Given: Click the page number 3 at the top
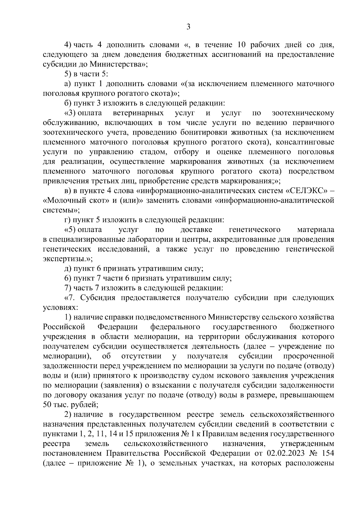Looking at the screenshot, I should [x=188, y=27].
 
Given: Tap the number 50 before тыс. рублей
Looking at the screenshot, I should [x=48, y=405].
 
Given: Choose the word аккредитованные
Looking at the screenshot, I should [x=229, y=240].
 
